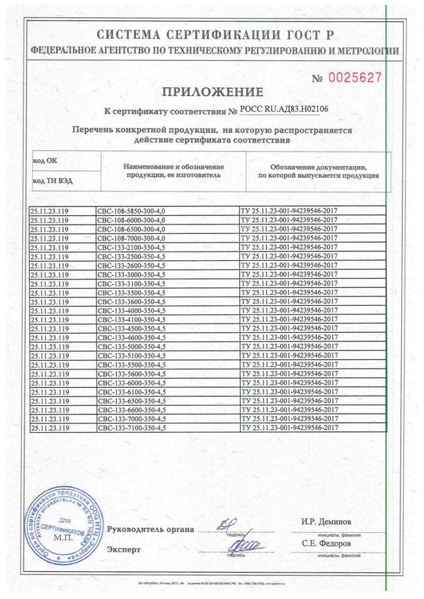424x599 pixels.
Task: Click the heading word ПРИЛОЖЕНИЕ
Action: (x=212, y=92)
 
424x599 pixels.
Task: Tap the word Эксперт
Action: (x=124, y=550)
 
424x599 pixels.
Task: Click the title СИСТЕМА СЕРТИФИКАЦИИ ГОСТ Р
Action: (x=215, y=34)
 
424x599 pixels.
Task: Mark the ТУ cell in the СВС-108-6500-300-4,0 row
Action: (x=289, y=229)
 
